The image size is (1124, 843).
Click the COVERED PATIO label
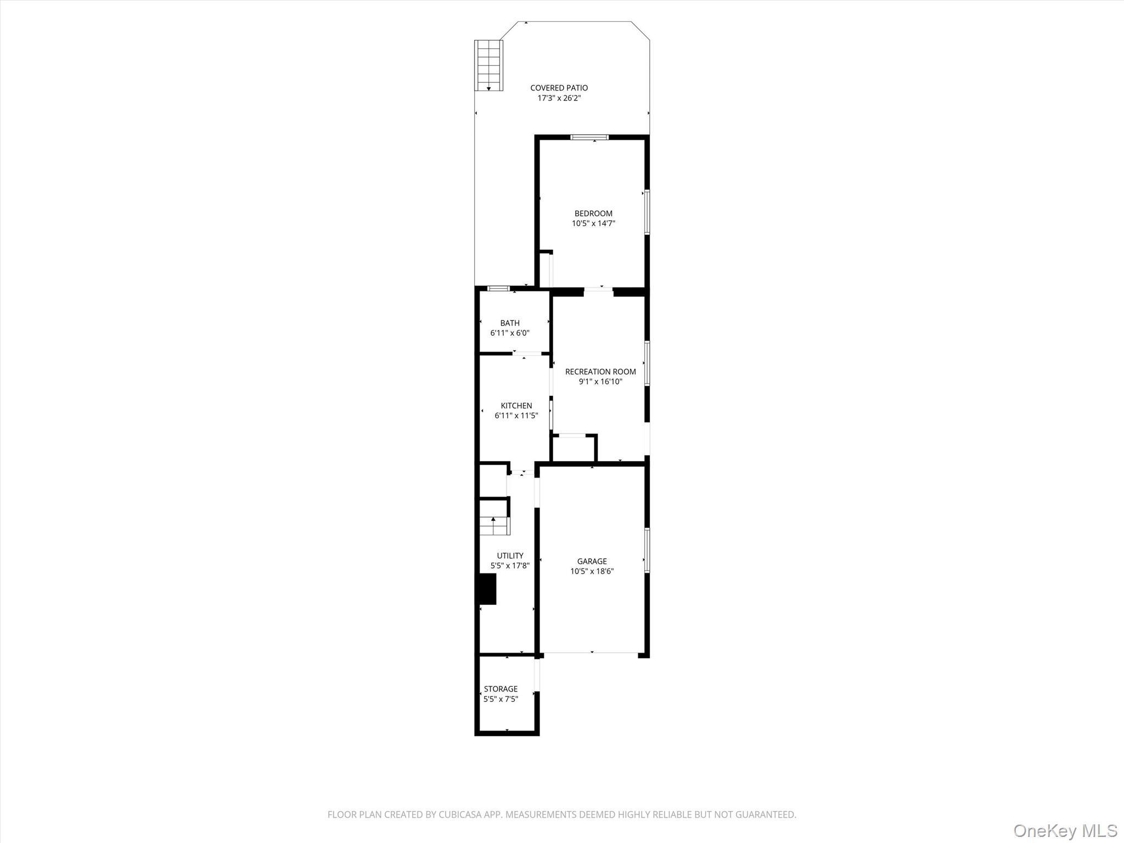tap(559, 88)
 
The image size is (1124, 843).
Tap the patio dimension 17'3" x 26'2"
tap(559, 98)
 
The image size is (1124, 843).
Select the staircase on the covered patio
tap(488, 65)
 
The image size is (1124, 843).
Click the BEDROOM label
tap(593, 213)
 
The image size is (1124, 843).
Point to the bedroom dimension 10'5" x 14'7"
tap(593, 223)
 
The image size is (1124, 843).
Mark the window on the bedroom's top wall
tap(589, 137)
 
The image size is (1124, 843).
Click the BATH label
tap(510, 323)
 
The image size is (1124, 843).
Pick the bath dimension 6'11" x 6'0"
tap(510, 333)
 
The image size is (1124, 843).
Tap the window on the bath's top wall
tap(498, 289)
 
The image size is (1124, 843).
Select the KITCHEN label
tap(516, 406)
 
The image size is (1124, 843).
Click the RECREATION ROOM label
tap(600, 372)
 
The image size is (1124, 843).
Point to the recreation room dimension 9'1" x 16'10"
tap(600, 381)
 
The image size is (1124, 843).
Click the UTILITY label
tap(510, 555)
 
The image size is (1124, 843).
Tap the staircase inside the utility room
tap(494, 525)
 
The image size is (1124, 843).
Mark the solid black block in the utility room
tap(487, 589)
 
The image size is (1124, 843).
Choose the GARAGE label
tap(592, 561)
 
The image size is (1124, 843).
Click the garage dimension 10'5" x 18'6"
tap(592, 571)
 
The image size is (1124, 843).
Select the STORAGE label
tap(501, 689)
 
